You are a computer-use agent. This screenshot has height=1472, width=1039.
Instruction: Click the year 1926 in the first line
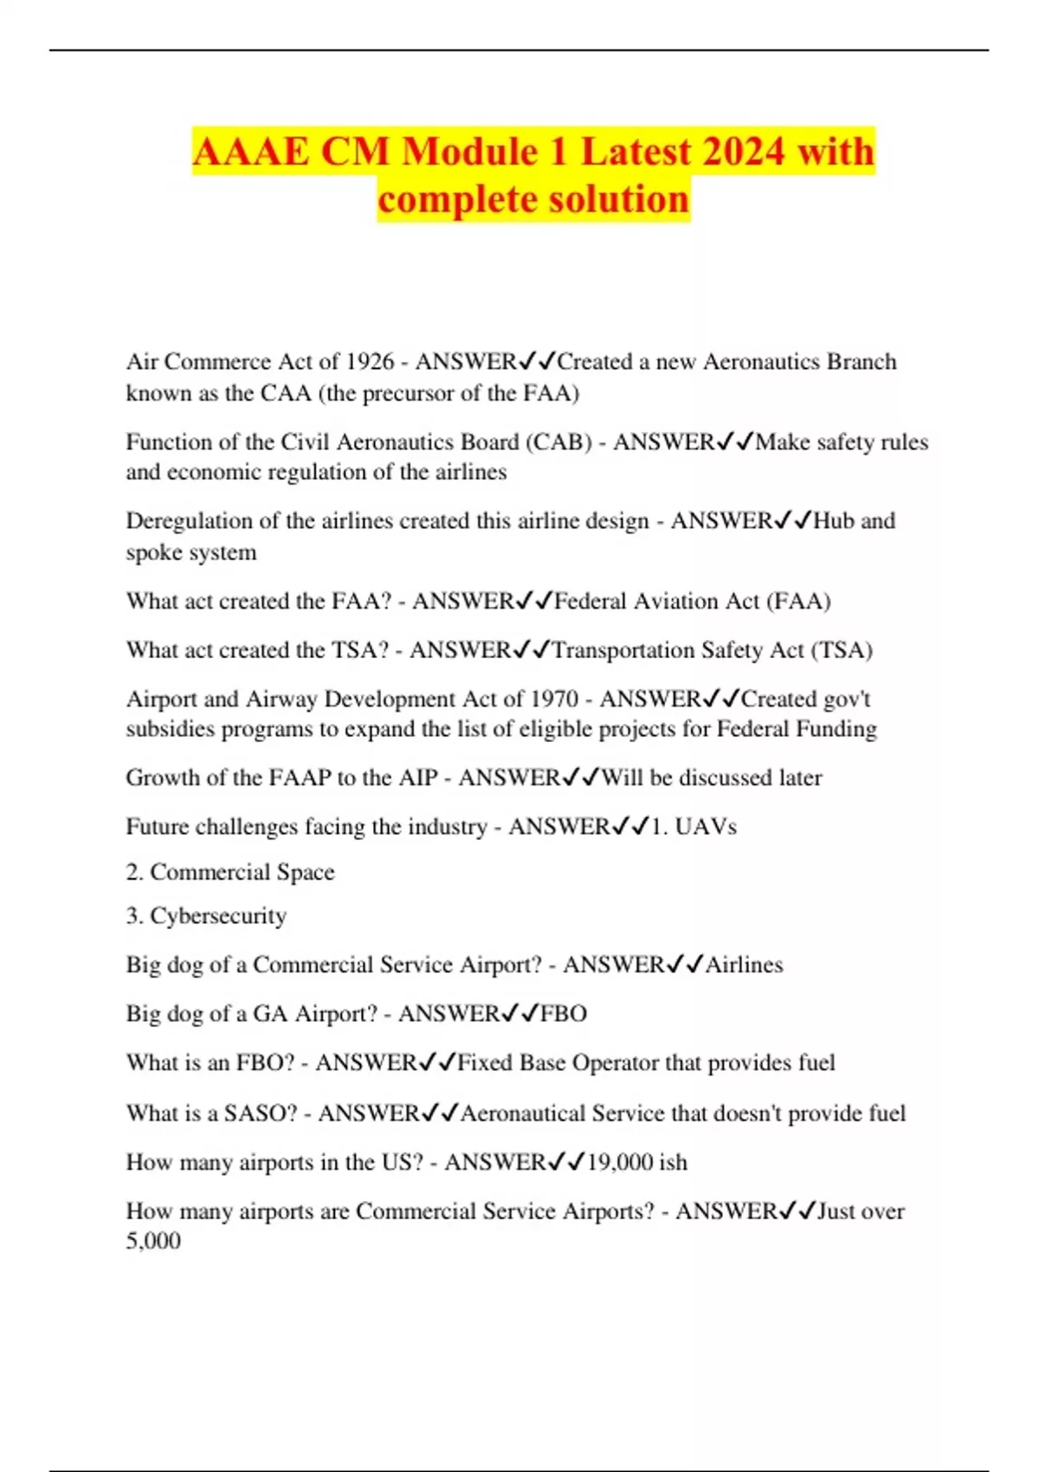pyautogui.click(x=370, y=361)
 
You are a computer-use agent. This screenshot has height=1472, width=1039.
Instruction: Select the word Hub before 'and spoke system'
pyautogui.click(x=834, y=520)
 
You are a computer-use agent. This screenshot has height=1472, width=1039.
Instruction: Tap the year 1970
pyautogui.click(x=554, y=699)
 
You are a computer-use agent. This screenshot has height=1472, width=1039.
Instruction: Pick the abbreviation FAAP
pyautogui.click(x=300, y=778)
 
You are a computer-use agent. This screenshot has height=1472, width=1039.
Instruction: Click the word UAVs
pyautogui.click(x=706, y=827)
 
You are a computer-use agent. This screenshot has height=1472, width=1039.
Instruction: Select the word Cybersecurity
pyautogui.click(x=218, y=916)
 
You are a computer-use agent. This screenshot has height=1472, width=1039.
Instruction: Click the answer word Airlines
pyautogui.click(x=745, y=965)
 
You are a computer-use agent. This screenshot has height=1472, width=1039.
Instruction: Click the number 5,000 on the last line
pyautogui.click(x=153, y=1241)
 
